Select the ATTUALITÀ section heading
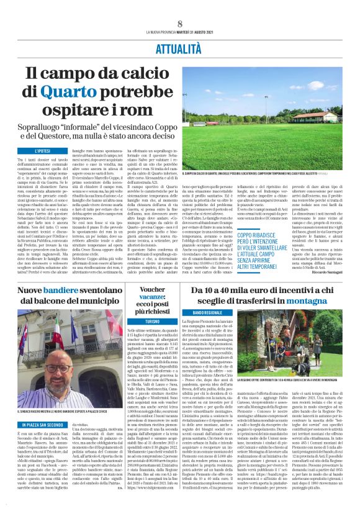[x=179, y=47]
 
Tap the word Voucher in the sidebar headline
[x=152, y=289]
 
